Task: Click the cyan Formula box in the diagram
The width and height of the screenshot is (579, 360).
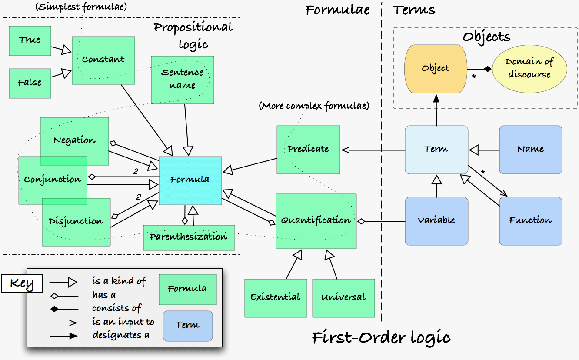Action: point(190,180)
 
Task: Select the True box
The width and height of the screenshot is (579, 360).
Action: point(30,40)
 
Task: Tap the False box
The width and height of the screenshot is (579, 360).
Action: point(30,83)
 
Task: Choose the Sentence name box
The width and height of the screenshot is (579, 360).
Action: point(183,80)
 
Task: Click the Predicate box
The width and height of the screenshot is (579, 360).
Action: point(308,149)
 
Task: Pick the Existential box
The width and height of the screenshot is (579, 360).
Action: point(276,298)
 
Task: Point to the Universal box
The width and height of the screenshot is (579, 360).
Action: point(343,298)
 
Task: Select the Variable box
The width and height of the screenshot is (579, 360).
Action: point(436,221)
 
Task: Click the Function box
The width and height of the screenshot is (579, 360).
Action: point(530,221)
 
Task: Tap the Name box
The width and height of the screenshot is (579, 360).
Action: point(530,149)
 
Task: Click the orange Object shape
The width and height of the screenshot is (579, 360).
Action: point(436,69)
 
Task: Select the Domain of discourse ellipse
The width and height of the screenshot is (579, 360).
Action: point(529,69)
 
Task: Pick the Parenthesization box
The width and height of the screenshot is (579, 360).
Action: point(189,237)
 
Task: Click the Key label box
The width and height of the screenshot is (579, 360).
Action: point(22,284)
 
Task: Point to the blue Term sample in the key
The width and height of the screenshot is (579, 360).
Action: point(187,326)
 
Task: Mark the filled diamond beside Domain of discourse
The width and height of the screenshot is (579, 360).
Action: point(488,69)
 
